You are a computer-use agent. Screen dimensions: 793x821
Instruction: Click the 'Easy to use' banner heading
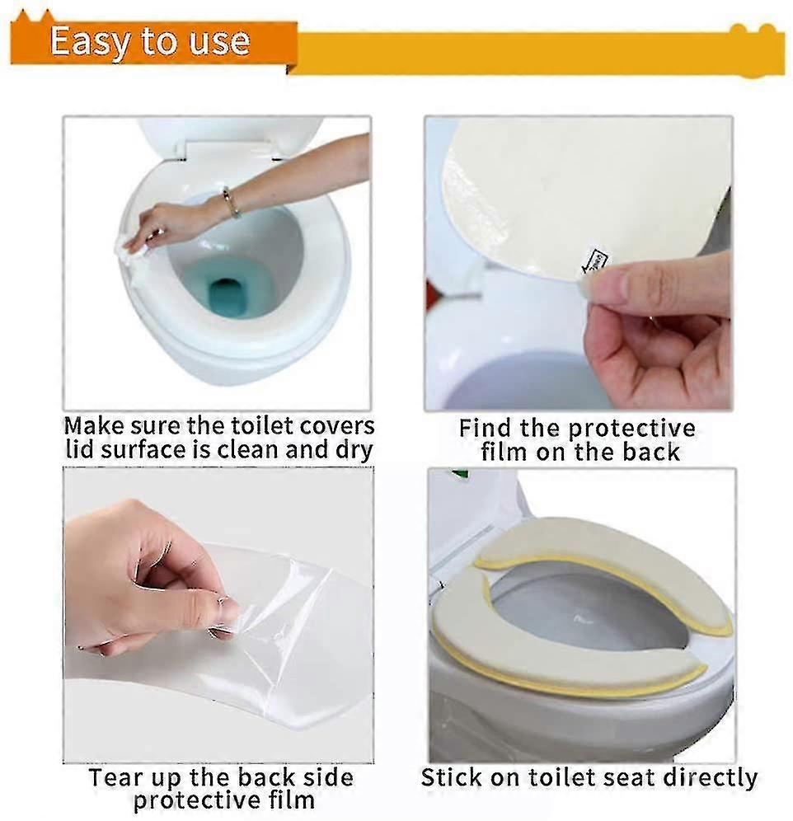(x=150, y=41)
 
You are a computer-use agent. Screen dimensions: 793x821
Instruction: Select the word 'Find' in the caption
(x=486, y=428)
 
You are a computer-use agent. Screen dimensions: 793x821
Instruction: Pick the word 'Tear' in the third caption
(x=116, y=777)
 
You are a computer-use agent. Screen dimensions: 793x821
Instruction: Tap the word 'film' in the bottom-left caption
(x=290, y=800)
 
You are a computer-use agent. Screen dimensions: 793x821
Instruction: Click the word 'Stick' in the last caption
(x=453, y=777)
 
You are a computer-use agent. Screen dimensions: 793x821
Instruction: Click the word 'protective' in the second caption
(x=631, y=429)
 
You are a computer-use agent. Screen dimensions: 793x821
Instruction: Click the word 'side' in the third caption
(x=328, y=777)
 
